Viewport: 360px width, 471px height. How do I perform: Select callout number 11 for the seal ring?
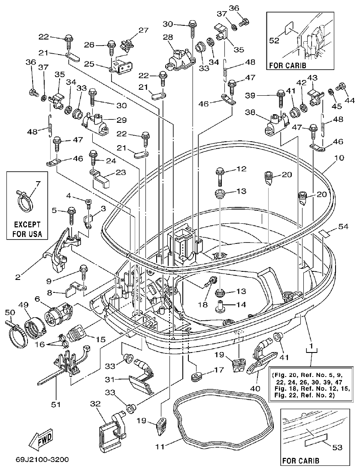click(159, 447)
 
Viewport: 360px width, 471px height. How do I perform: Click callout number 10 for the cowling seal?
click(339, 158)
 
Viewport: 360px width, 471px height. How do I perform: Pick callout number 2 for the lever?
click(18, 277)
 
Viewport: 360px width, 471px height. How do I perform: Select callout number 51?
click(56, 404)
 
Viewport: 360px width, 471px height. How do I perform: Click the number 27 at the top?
click(143, 30)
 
